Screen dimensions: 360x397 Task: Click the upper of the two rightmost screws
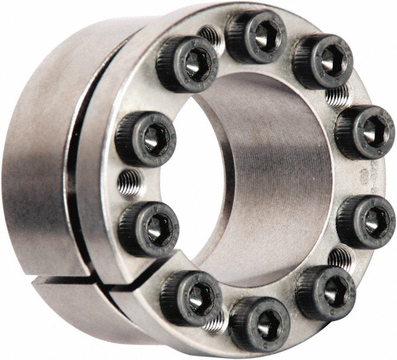pos(364,132)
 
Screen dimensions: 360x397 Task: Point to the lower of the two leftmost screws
pos(148,228)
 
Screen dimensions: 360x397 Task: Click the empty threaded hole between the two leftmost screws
pos(129,180)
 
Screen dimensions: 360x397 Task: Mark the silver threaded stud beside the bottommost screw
pos(216,322)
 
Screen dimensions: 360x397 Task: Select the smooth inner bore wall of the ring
pos(278,165)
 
